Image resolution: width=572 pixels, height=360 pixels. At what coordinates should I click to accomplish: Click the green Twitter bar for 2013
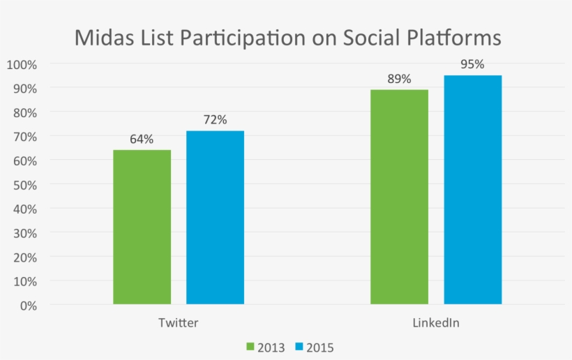pos(142,227)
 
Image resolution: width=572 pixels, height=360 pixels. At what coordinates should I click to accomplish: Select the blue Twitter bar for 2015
pos(215,217)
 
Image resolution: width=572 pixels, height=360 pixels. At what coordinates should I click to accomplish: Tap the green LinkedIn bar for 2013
pos(399,197)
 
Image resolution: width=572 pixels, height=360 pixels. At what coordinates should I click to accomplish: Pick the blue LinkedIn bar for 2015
pos(472,190)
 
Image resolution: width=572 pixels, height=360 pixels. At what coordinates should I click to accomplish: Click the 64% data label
pos(141,139)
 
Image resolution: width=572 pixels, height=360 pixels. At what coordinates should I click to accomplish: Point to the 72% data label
pos(215,120)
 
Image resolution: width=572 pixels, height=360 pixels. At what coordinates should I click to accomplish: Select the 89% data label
pos(399,79)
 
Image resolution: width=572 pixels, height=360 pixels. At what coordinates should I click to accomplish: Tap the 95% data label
pos(472,64)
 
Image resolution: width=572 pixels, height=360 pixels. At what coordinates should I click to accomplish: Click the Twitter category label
pos(178,323)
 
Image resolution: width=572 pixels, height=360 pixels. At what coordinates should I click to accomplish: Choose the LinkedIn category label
pos(436,323)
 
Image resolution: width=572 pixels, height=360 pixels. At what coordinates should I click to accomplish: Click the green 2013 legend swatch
pos(250,347)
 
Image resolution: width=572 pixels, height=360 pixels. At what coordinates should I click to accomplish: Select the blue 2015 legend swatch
pos(300,347)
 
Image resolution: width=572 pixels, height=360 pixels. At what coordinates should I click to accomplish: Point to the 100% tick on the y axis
pos(22,64)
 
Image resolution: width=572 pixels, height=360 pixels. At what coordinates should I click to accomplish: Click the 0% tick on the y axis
pos(28,306)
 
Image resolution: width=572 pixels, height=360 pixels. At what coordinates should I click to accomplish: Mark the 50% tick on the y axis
pos(25,185)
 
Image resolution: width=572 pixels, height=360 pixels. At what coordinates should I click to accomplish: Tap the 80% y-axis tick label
pos(25,112)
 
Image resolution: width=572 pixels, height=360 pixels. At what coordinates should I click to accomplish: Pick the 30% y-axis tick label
pos(25,233)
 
